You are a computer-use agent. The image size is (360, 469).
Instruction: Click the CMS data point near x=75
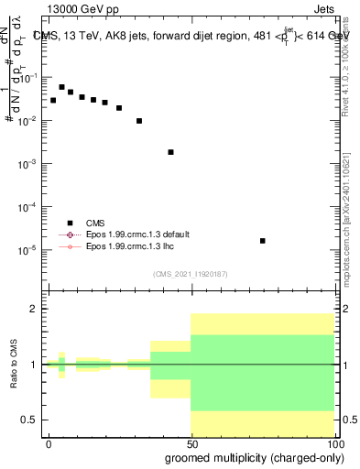[263, 241]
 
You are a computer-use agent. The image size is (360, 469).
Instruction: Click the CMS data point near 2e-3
[171, 152]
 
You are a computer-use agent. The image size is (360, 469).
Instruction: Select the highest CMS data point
[61, 87]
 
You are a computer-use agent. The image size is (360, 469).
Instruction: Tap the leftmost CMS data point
[53, 100]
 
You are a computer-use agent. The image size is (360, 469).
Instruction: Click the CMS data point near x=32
[139, 121]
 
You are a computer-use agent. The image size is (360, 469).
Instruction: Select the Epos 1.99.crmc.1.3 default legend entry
[149, 234]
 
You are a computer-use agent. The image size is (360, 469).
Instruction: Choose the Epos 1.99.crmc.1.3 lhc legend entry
[142, 246]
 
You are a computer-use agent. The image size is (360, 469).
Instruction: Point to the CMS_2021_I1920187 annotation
[190, 274]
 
